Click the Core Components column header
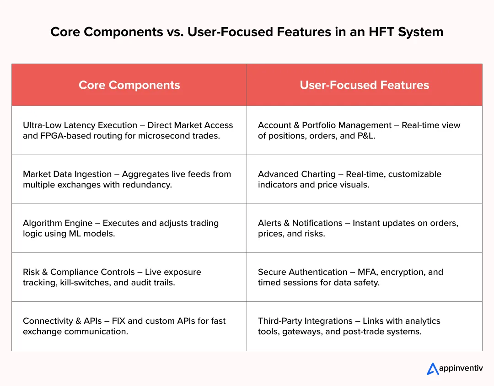(129, 85)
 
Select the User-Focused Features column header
(364, 85)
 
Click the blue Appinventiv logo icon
(432, 369)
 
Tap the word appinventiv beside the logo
(461, 369)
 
